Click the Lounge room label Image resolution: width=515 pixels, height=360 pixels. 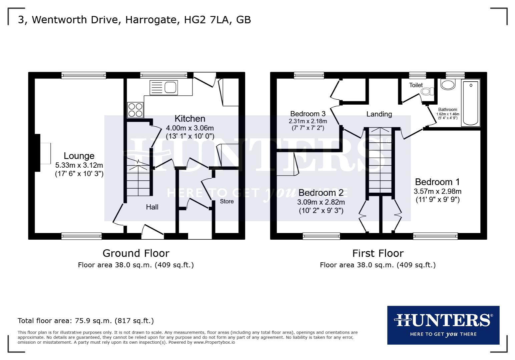tap(79, 156)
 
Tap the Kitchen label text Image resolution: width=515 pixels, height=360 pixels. tap(190, 119)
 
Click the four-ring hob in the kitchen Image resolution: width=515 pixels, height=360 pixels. tap(135, 110)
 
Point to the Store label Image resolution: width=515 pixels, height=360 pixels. tap(227, 201)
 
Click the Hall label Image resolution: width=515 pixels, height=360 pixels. tap(152, 207)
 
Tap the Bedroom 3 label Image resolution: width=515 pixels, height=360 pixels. tap(308, 114)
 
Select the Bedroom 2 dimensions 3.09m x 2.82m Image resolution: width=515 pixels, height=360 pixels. tap(321, 202)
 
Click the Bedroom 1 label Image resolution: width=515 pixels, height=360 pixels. tap(437, 182)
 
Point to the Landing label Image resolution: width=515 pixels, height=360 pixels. tap(379, 114)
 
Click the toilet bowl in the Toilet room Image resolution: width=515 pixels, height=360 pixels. tap(427, 91)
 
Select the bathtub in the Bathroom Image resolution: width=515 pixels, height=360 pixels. tap(471, 103)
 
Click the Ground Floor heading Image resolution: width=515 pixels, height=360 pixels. tap(136, 253)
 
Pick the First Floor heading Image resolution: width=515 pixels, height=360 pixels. tap(378, 253)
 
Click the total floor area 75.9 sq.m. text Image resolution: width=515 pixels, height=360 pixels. tap(86, 321)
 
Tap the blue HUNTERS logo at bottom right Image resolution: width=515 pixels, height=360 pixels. tap(443, 325)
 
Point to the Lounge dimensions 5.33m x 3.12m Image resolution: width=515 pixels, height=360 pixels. tap(79, 165)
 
